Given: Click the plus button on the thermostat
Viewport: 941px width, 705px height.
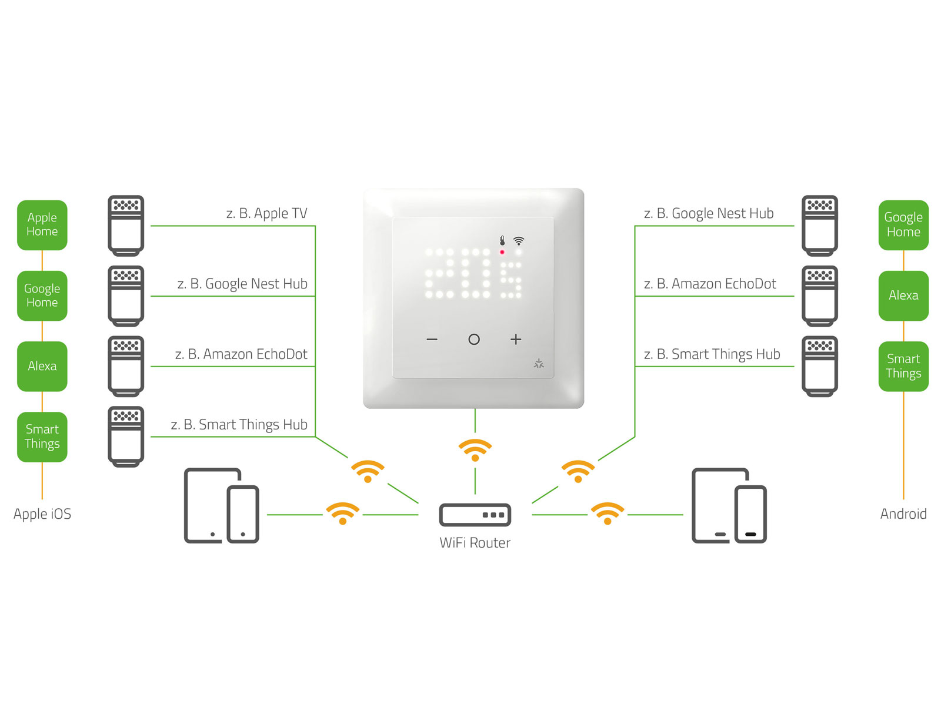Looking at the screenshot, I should click(x=516, y=340).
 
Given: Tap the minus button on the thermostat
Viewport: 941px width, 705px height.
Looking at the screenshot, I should click(x=432, y=340).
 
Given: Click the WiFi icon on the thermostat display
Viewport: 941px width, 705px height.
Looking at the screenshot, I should click(x=518, y=241).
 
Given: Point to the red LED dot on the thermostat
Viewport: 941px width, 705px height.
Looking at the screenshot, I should click(x=502, y=252).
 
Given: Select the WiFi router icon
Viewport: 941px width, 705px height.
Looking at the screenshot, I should click(x=475, y=515).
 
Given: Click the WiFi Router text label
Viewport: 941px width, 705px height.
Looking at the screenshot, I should click(x=475, y=543).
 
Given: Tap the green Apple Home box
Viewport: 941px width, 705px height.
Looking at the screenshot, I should click(x=42, y=225).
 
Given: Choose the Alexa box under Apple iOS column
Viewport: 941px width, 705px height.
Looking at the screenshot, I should click(x=42, y=366).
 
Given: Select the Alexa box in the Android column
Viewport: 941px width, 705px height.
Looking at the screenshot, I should click(x=903, y=296).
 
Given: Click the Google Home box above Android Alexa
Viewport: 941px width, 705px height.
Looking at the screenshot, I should click(x=903, y=225).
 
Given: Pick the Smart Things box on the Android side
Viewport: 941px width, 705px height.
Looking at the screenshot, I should click(x=903, y=366).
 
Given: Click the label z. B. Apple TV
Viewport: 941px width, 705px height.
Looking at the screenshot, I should click(x=266, y=214).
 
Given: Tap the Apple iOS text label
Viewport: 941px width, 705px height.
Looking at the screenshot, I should click(x=42, y=514).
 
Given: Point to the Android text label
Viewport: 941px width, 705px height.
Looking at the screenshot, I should click(x=903, y=514).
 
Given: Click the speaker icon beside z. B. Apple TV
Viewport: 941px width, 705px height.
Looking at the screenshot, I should click(x=126, y=226).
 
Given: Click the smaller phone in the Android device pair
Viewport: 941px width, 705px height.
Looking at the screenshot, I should click(x=750, y=514).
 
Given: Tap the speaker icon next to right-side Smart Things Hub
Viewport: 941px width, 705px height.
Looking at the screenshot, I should click(x=820, y=366).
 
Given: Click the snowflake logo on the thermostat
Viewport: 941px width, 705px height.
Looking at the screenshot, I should click(x=539, y=364).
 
